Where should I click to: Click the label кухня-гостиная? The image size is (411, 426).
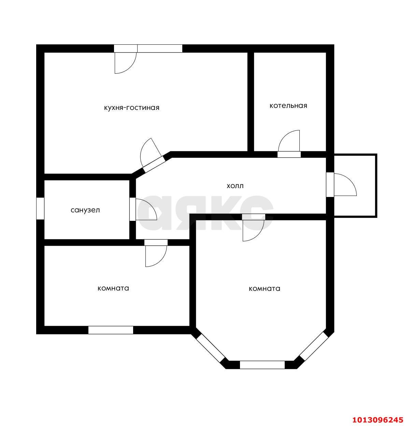coord(131,108)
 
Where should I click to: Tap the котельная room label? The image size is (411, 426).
coord(288,105)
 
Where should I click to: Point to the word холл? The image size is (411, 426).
coord(235,186)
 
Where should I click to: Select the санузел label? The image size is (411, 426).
coord(85,210)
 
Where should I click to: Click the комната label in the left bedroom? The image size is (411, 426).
coord(113,288)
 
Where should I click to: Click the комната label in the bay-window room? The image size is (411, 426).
coord(264,288)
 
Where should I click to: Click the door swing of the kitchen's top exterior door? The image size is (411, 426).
coord(125,63)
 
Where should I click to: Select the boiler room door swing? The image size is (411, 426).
coord(288,141)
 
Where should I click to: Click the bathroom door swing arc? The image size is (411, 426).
coord(146,209)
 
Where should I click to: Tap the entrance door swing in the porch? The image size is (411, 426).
coord(345,184)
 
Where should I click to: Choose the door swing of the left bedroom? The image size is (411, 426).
coord(156,256)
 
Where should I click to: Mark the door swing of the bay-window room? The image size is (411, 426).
coord(253,230)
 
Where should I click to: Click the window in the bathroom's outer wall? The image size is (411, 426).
coord(40,208)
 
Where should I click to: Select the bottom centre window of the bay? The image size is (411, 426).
coord(262,371)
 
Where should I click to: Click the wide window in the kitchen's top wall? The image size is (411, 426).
coord(160,48)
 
